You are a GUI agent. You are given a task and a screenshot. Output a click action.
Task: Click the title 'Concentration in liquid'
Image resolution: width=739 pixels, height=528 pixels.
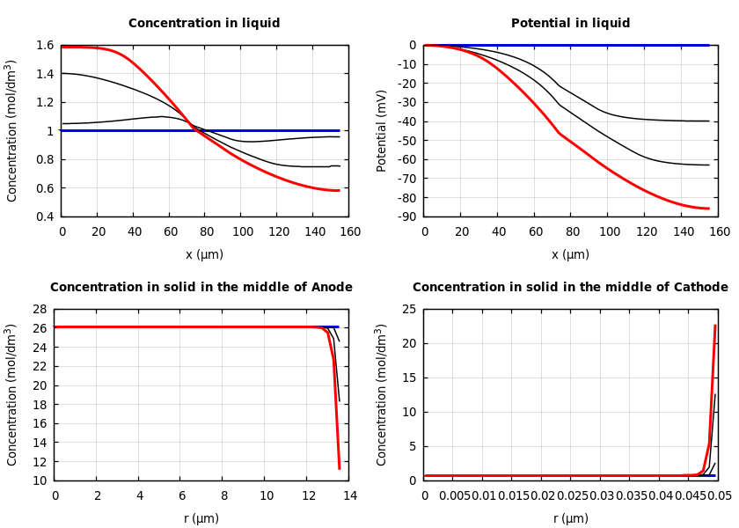click(204, 24)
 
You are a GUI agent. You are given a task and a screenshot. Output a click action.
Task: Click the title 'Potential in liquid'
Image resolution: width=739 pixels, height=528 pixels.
click(570, 24)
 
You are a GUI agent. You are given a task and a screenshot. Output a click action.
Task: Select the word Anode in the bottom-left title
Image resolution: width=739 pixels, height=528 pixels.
click(326, 288)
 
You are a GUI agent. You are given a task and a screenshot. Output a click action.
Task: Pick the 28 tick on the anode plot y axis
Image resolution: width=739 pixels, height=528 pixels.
click(38, 309)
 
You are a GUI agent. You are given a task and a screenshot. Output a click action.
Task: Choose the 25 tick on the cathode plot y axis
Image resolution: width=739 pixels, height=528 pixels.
click(407, 309)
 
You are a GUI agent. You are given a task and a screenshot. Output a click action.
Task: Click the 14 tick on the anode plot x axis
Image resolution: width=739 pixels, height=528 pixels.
click(349, 496)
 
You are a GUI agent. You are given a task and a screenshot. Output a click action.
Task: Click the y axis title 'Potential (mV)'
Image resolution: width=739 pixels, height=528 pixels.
click(382, 130)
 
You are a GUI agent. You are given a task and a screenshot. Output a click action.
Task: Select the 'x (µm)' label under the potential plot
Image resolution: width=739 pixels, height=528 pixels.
click(570, 254)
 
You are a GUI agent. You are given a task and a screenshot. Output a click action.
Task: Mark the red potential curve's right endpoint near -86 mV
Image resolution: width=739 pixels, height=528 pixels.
click(708, 209)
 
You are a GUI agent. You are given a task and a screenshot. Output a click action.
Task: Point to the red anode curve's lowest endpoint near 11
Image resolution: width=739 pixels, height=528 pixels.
click(340, 468)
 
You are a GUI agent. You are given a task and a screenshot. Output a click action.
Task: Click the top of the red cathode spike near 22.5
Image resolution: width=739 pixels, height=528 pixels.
click(715, 326)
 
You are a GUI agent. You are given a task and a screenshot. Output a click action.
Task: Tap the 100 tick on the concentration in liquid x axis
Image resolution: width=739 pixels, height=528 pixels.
click(243, 232)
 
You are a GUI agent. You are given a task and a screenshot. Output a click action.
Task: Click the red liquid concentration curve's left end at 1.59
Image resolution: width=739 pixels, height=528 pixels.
click(62, 47)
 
